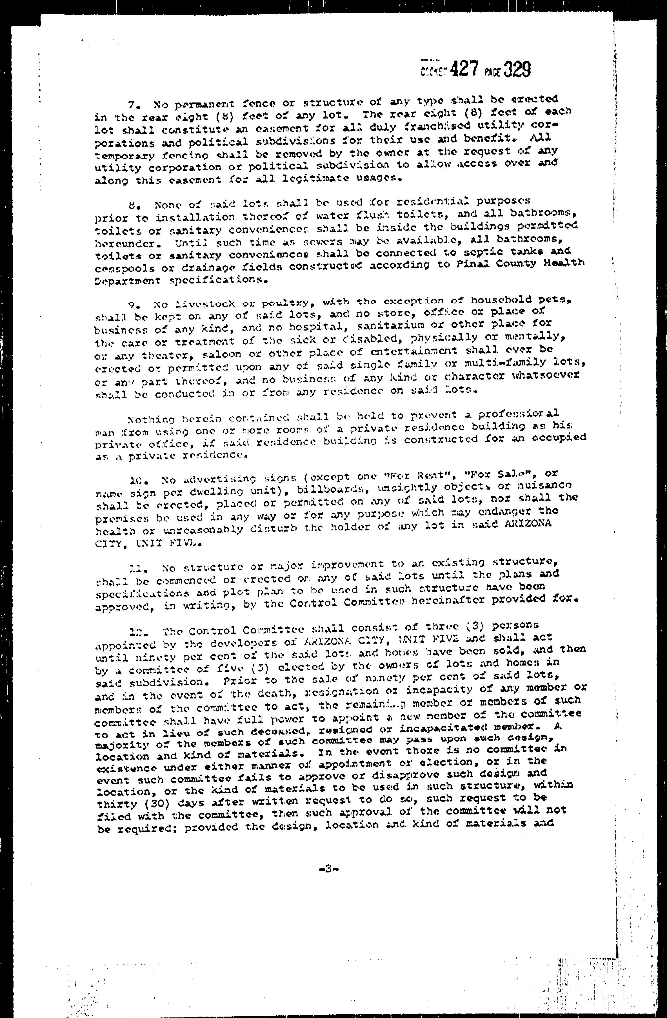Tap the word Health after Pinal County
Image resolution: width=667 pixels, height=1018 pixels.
[563, 263]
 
